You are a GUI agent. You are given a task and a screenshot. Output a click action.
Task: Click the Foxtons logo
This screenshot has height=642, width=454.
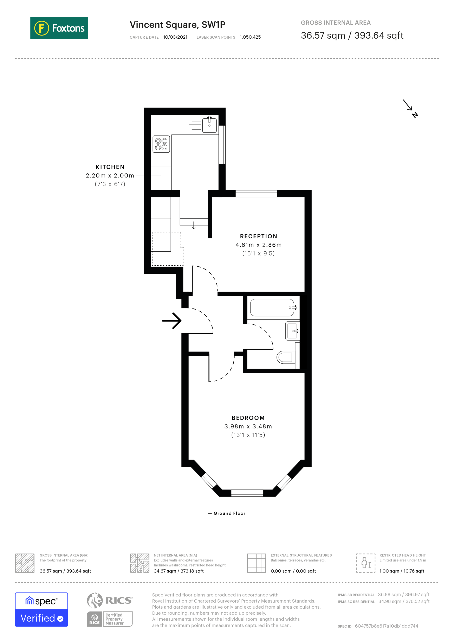click(x=59, y=28)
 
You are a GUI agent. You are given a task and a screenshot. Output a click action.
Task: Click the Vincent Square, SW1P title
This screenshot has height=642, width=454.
click(x=177, y=25)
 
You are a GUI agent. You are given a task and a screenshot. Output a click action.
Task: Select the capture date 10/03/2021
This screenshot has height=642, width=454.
click(x=175, y=37)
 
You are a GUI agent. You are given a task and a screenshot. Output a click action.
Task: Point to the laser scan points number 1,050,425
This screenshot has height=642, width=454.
click(x=250, y=37)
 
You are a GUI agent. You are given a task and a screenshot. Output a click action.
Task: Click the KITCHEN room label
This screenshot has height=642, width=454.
click(x=110, y=167)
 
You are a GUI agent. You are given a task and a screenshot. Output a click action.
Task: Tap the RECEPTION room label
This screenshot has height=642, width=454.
click(x=259, y=236)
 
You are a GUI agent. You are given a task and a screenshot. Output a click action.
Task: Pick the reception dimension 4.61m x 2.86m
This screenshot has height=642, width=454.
click(x=259, y=245)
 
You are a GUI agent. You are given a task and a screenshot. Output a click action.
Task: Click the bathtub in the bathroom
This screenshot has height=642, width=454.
click(x=272, y=307)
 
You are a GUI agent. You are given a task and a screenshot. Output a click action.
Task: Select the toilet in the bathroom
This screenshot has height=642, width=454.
click(x=285, y=357)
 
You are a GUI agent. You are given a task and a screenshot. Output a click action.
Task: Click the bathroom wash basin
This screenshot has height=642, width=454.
click(x=292, y=331)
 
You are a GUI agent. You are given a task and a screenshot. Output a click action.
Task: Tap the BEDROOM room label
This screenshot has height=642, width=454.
click(x=248, y=418)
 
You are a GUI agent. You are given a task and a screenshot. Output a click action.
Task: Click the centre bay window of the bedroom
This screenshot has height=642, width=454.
click(x=247, y=493)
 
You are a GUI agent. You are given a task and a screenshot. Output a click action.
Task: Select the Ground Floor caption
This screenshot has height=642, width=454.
click(x=229, y=513)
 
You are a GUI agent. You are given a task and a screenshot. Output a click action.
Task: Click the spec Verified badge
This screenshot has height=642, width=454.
click(x=41, y=610)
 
